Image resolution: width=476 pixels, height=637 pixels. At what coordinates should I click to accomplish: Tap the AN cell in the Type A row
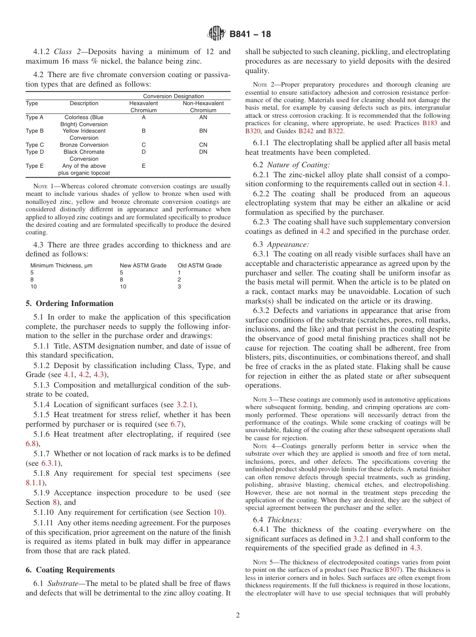(203, 117)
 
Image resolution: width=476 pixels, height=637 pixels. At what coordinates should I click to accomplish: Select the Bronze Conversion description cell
(84, 145)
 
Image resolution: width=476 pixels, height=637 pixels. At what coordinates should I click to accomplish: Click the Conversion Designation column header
(173, 96)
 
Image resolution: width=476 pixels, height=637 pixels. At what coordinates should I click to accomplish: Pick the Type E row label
(35, 166)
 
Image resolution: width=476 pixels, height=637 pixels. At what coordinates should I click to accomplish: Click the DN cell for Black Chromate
(203, 152)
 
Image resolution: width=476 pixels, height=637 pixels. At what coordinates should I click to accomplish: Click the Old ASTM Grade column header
(199, 265)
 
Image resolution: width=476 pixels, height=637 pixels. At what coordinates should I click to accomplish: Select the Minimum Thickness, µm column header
(61, 265)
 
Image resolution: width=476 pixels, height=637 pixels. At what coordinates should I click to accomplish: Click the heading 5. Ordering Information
(70, 303)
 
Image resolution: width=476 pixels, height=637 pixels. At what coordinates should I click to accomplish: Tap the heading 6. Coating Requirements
(71, 570)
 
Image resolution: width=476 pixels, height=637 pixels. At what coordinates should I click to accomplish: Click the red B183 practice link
(429, 123)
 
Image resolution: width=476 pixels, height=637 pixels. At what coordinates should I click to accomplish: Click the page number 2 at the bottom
(238, 615)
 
